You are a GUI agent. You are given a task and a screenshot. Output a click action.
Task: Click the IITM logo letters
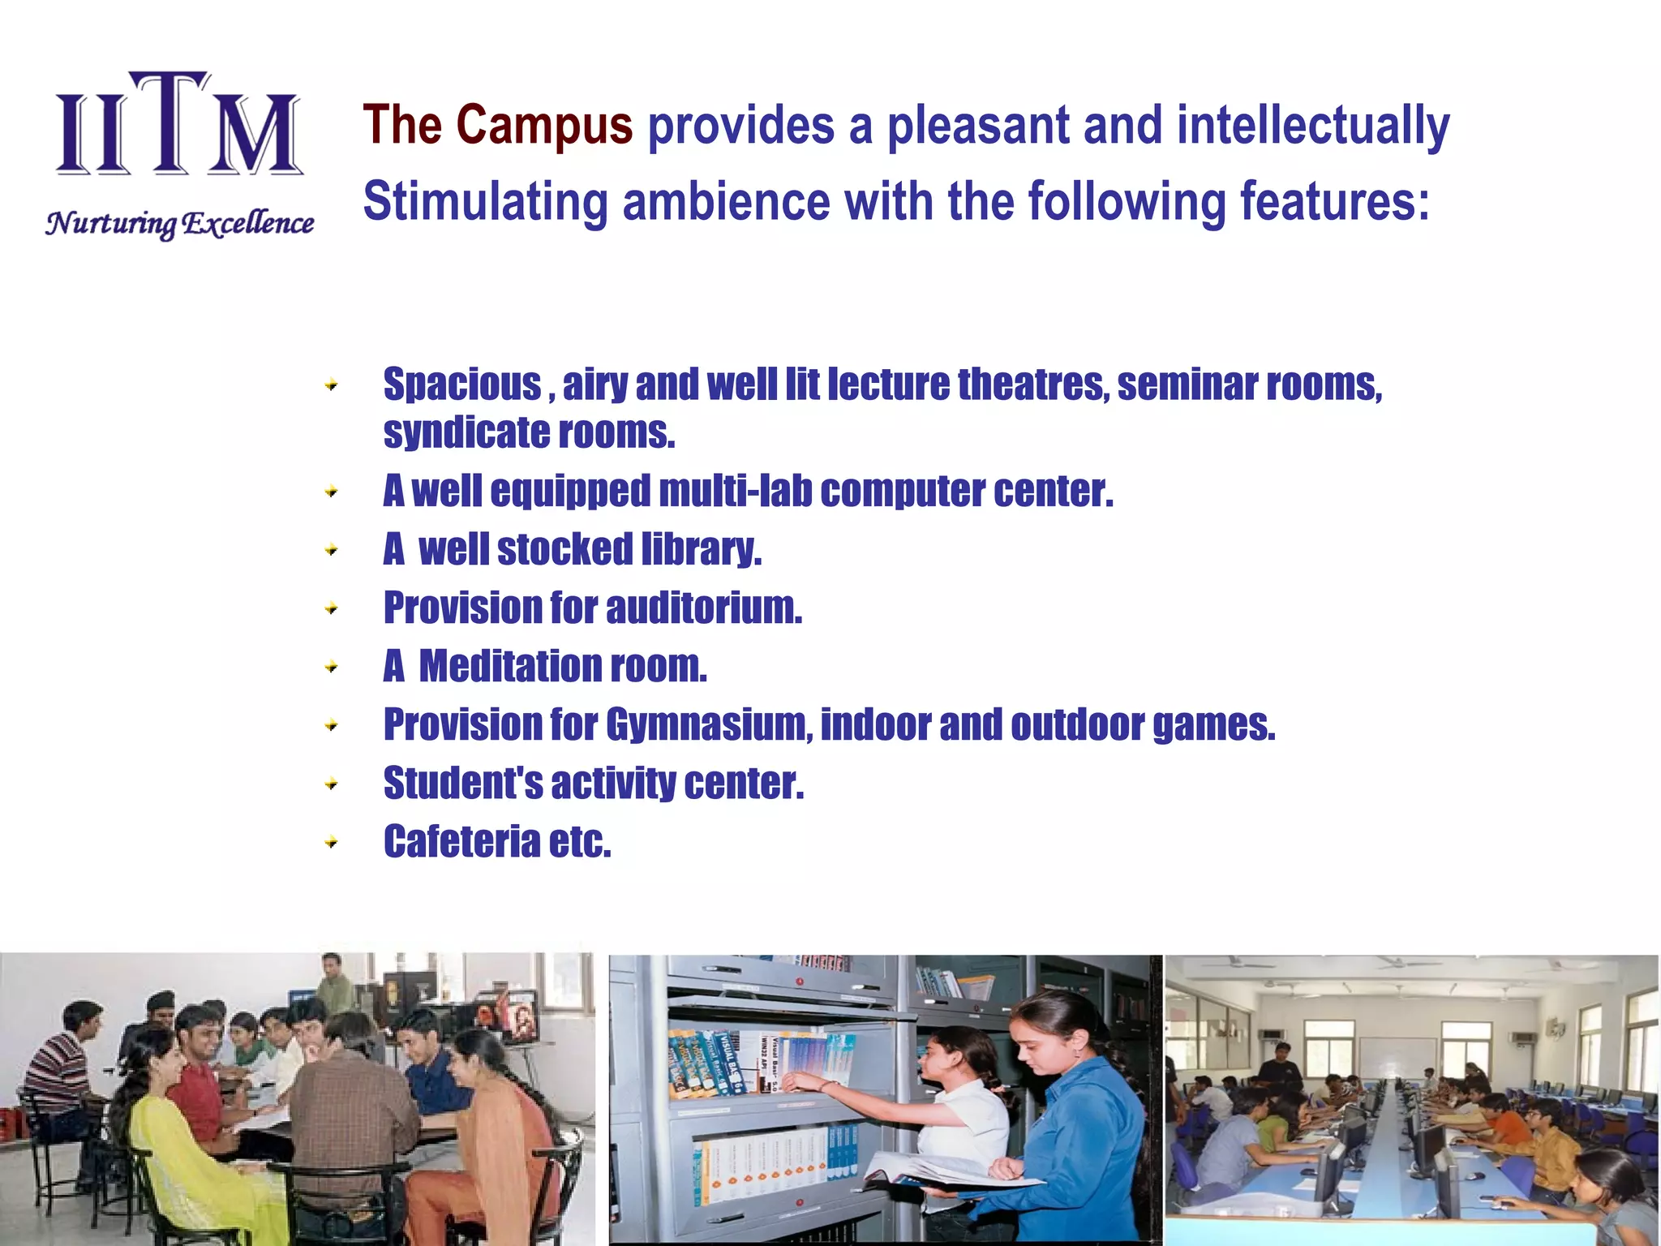click(178, 126)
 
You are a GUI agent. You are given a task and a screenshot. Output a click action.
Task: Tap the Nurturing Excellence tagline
click(180, 223)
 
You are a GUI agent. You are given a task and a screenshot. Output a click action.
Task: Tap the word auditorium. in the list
click(704, 608)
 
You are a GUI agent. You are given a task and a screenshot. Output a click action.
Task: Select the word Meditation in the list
click(510, 666)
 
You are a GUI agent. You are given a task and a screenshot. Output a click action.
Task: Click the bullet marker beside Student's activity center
click(331, 784)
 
